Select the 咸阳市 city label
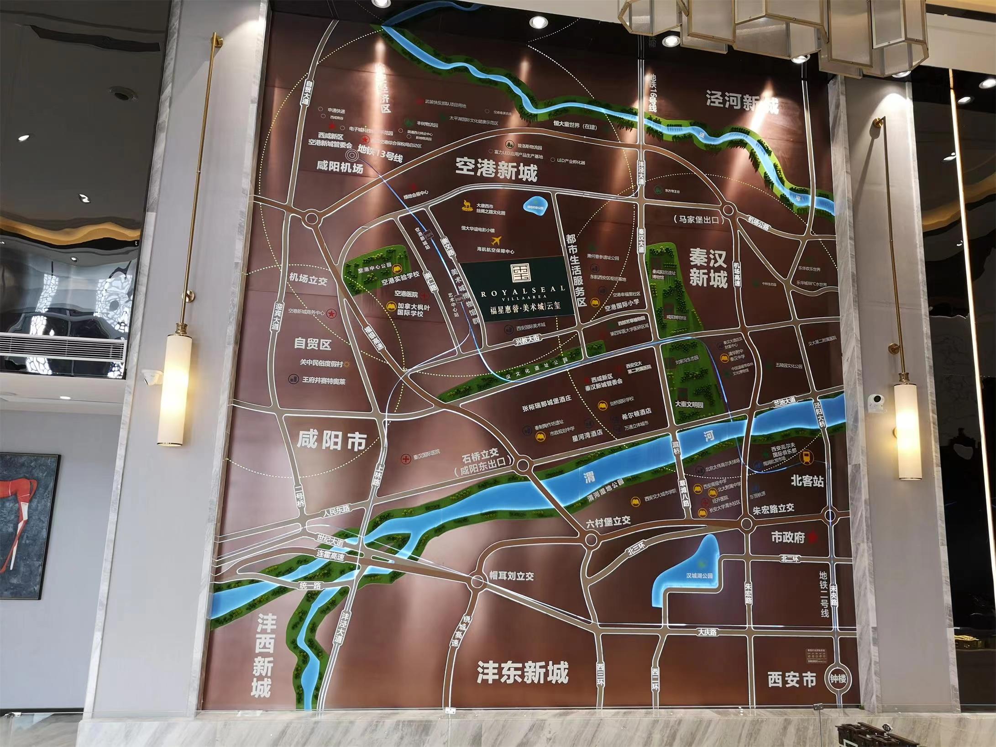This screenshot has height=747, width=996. [x=331, y=441]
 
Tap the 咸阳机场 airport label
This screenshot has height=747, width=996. [x=340, y=168]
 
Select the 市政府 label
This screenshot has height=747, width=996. [x=788, y=537]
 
